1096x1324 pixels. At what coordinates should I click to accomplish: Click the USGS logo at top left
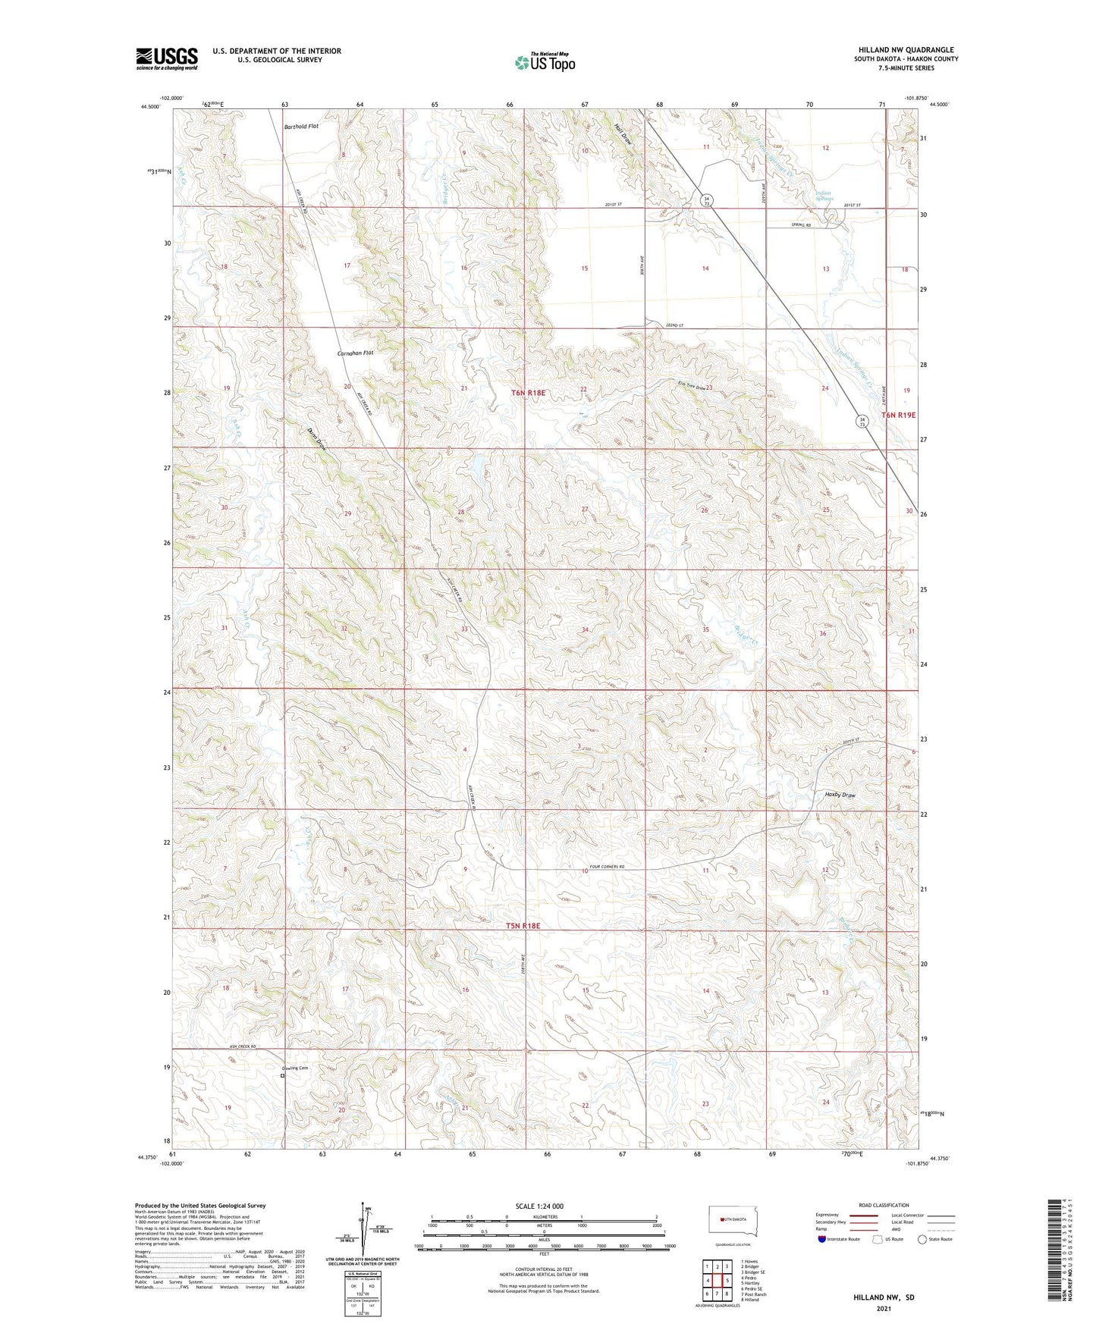coord(166,58)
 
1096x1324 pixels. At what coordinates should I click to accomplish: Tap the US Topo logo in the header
coord(545,62)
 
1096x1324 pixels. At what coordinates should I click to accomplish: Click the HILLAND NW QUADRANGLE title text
coord(903,50)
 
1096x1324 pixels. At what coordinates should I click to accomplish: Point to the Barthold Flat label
coord(301,127)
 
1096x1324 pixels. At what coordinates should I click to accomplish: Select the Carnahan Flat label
coord(355,353)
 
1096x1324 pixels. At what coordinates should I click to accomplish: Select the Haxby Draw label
coord(840,795)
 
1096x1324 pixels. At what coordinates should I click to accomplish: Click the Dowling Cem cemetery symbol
coord(283,1075)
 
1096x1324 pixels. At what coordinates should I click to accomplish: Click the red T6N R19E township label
coord(899,415)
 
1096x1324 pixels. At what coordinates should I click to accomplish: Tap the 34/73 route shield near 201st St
coord(706,199)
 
